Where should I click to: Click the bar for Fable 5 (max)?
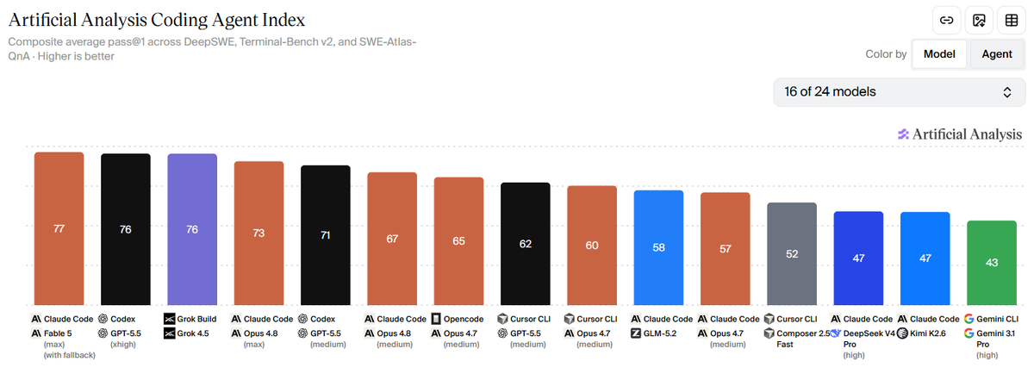pyautogui.click(x=59, y=228)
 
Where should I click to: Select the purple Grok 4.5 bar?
pyautogui.click(x=192, y=229)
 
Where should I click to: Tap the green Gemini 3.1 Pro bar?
pyautogui.click(x=992, y=263)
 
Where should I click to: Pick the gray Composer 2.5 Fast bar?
pyautogui.click(x=792, y=254)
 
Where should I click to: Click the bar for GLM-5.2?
pyautogui.click(x=658, y=247)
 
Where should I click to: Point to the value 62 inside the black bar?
pyautogui.click(x=526, y=244)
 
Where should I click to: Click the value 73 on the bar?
pyautogui.click(x=258, y=233)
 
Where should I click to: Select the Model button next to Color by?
pyautogui.click(x=939, y=54)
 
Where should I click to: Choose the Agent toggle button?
pyautogui.click(x=997, y=54)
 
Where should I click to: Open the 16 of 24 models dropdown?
pyautogui.click(x=900, y=92)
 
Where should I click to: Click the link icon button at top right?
pyautogui.click(x=946, y=21)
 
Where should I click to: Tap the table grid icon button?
pyautogui.click(x=1012, y=21)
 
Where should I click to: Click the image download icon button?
pyautogui.click(x=979, y=21)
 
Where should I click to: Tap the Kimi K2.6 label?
pyautogui.click(x=927, y=333)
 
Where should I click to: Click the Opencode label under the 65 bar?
pyautogui.click(x=464, y=319)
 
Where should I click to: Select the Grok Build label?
pyautogui.click(x=196, y=319)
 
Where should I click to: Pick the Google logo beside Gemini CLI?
pyautogui.click(x=969, y=319)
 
